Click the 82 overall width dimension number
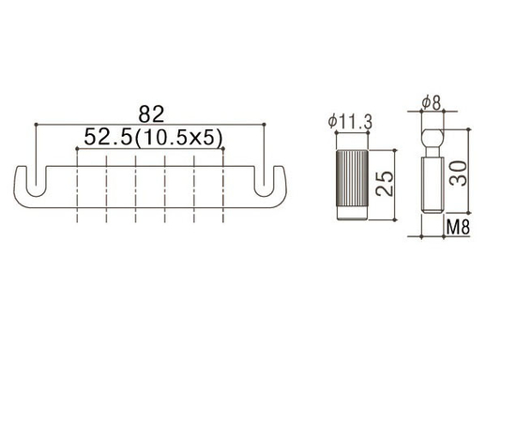(x=151, y=114)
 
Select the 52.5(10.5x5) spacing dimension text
(x=152, y=138)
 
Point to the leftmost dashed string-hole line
(x=78, y=192)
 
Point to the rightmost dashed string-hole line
(x=223, y=192)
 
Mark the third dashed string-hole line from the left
(x=136, y=192)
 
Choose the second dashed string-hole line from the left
(x=107, y=192)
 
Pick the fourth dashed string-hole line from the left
(x=165, y=192)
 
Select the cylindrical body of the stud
(x=430, y=188)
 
